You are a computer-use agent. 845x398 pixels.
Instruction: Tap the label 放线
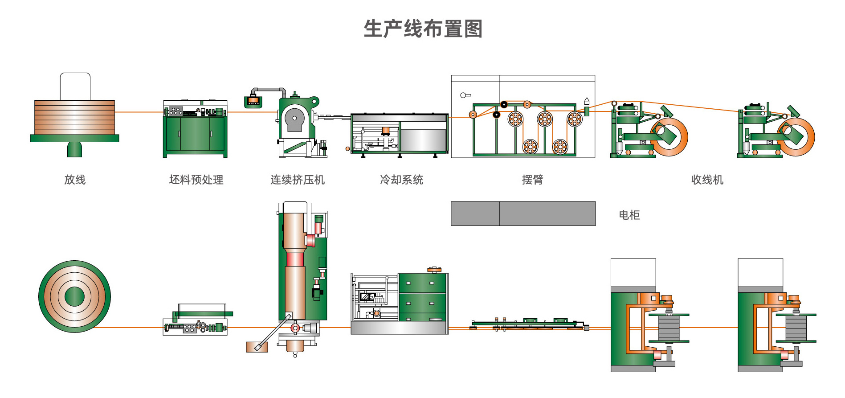(75, 180)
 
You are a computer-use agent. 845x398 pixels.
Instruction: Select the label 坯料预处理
(196, 180)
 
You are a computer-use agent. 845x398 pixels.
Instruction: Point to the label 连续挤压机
(298, 180)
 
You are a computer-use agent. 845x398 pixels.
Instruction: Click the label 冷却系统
(401, 180)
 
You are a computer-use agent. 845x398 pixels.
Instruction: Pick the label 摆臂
(532, 180)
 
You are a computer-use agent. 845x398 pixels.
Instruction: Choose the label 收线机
(707, 180)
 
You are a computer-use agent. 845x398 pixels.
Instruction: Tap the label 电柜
(629, 215)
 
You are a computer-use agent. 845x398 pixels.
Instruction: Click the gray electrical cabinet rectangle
(523, 213)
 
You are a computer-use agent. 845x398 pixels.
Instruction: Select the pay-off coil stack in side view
(74, 117)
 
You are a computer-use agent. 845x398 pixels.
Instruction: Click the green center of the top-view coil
(74, 296)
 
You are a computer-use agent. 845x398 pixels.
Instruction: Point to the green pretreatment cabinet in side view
(195, 134)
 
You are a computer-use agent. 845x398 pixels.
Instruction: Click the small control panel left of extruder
(253, 101)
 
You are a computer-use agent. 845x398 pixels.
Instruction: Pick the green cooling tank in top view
(422, 297)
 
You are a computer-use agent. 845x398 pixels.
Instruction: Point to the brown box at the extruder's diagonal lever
(256, 347)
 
